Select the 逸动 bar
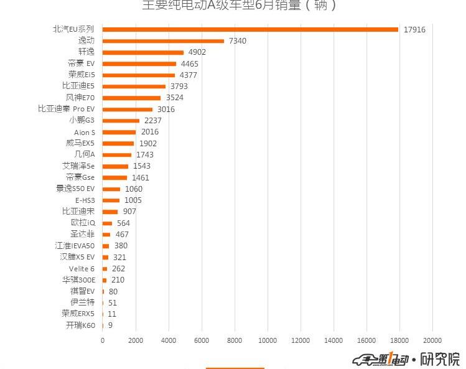click(x=163, y=41)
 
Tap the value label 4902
click(x=197, y=52)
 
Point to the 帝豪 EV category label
click(x=81, y=63)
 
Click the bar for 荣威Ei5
click(x=139, y=75)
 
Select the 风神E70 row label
click(x=80, y=98)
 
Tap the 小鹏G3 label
click(x=82, y=120)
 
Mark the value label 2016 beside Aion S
click(x=150, y=132)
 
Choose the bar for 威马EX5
click(x=118, y=143)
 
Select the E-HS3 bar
click(x=111, y=200)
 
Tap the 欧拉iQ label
click(x=83, y=223)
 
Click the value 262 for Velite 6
click(x=118, y=269)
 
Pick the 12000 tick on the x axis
click(x=301, y=340)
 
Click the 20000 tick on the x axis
click(x=432, y=340)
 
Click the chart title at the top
click(x=240, y=6)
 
